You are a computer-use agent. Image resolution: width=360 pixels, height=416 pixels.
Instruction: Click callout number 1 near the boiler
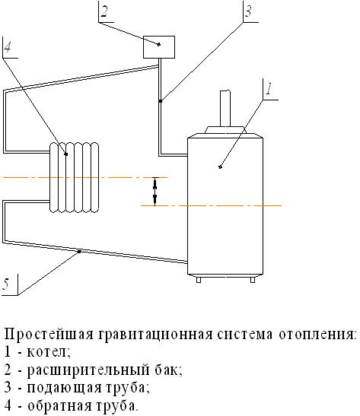(x=269, y=89)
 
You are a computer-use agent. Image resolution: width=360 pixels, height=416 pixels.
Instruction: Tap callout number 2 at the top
(x=104, y=12)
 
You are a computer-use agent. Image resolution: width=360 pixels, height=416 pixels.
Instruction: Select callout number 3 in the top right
(x=248, y=11)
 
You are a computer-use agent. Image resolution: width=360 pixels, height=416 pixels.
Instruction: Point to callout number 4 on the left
(x=8, y=47)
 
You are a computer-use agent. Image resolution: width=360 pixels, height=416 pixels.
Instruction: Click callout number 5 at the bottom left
(x=6, y=284)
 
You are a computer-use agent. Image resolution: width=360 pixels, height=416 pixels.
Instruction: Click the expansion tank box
(x=159, y=47)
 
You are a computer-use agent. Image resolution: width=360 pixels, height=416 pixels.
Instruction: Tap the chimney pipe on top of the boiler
(x=225, y=108)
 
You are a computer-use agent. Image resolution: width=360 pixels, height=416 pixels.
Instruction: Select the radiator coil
(x=74, y=177)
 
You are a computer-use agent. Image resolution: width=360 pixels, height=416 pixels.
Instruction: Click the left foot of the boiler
(x=199, y=279)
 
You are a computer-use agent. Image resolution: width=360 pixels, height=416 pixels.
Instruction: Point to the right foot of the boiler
(x=253, y=279)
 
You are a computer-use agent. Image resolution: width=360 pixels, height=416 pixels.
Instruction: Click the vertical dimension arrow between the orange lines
(x=155, y=192)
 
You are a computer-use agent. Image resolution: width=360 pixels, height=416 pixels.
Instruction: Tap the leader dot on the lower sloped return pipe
(x=79, y=251)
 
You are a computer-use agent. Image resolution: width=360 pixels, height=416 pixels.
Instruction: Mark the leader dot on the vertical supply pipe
(x=161, y=101)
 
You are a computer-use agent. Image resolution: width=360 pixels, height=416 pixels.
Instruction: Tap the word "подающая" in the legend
(x=64, y=388)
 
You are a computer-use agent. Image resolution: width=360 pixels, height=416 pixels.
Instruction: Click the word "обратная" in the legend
(x=63, y=405)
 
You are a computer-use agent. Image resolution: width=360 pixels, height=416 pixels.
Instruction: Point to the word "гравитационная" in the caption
(x=156, y=335)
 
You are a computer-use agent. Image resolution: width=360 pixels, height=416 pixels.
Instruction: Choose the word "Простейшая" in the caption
(x=49, y=335)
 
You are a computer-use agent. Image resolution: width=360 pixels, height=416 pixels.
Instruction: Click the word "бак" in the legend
(x=167, y=370)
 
